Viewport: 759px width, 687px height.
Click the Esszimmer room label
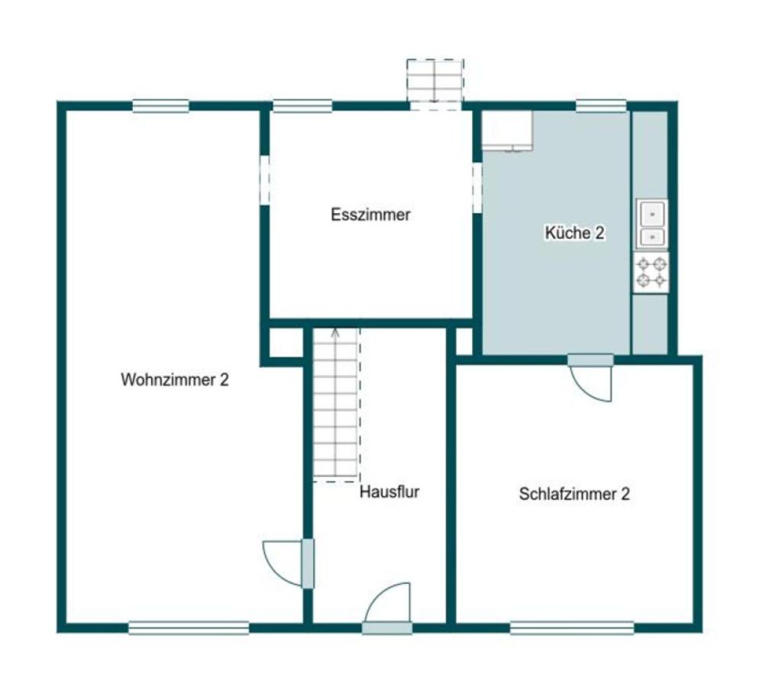[370, 214]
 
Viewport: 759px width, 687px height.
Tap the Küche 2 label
[574, 233]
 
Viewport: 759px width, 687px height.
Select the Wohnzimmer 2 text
[174, 380]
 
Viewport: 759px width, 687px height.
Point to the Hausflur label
[389, 492]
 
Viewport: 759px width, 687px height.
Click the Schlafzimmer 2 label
[574, 494]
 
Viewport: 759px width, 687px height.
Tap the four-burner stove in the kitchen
[651, 273]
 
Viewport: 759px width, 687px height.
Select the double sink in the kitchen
[652, 224]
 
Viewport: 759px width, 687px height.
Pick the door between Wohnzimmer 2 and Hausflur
[289, 563]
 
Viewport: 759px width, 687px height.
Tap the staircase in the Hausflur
[337, 405]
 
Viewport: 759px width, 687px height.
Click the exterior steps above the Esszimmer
[435, 84]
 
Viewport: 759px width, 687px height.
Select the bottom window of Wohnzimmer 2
[189, 628]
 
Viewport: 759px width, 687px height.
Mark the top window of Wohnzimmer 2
[160, 105]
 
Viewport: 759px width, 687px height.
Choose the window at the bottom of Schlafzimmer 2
[572, 628]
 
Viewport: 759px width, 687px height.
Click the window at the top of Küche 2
[601, 105]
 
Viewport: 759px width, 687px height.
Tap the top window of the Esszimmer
[302, 105]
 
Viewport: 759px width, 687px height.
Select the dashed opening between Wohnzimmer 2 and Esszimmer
[265, 180]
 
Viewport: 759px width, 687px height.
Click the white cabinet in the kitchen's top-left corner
[507, 131]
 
